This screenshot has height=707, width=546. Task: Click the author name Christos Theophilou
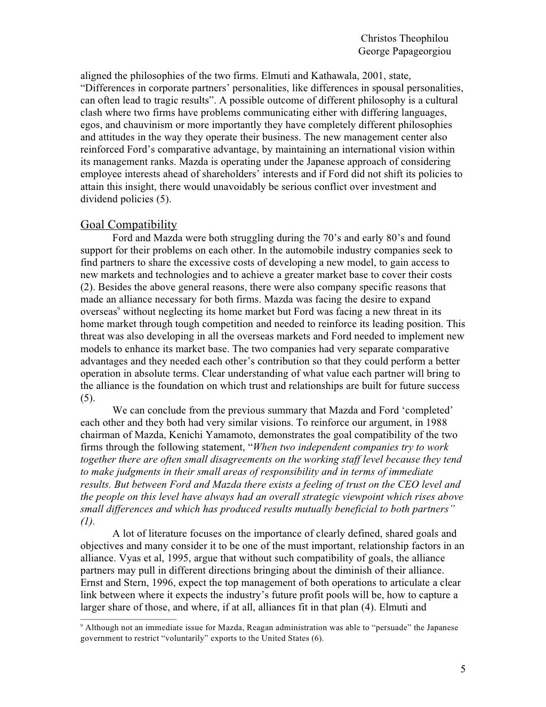point(404,38)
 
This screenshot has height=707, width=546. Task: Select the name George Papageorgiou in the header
point(404,51)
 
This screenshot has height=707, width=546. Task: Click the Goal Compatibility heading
point(129,224)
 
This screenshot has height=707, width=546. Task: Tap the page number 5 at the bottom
point(462,670)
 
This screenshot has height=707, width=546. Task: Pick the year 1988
point(437,423)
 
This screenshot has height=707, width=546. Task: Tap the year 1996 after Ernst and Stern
point(165,583)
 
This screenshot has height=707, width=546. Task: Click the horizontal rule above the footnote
point(128,619)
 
